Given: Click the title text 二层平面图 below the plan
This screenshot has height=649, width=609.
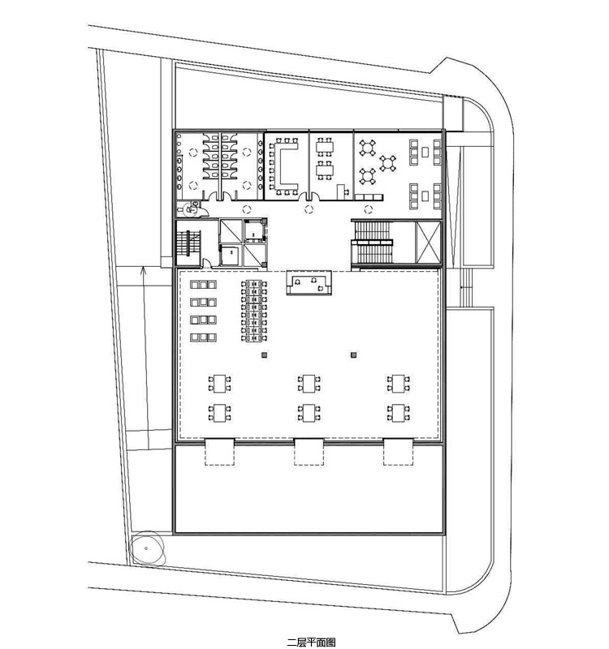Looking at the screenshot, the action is point(311,642).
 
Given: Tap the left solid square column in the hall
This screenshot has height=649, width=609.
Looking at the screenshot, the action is point(265,355).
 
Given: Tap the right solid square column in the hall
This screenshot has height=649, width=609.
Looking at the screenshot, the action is point(353,355).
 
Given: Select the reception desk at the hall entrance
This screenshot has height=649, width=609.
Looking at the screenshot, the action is point(309,282).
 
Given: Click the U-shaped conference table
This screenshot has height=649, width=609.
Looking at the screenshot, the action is point(283,165).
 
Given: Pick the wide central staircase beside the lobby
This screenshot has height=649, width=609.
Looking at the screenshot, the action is point(372,243).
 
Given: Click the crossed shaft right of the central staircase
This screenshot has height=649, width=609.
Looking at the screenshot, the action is point(428,243).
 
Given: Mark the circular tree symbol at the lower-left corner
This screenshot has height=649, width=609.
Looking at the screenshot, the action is point(147,548).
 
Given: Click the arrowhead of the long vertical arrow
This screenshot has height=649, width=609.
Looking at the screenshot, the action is point(143,270).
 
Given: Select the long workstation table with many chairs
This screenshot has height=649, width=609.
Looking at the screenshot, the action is point(253,311).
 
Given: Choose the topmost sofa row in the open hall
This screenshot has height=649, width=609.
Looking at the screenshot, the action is point(203,285).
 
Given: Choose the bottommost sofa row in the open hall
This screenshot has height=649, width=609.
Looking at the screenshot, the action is point(203,337).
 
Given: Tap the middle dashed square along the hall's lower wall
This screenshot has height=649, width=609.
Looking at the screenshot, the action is point(309,452).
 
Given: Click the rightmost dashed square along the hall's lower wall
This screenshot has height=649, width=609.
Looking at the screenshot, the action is point(398,452).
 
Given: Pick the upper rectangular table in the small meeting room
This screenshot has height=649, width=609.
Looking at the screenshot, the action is point(324,147).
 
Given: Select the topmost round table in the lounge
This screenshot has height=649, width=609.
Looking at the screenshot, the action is point(368,148).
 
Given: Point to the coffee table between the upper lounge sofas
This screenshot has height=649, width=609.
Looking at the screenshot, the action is point(425,152).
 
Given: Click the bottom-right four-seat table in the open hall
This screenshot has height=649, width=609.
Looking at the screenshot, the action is point(398,413).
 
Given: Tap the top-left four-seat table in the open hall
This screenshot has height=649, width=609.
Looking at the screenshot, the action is point(219,383).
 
